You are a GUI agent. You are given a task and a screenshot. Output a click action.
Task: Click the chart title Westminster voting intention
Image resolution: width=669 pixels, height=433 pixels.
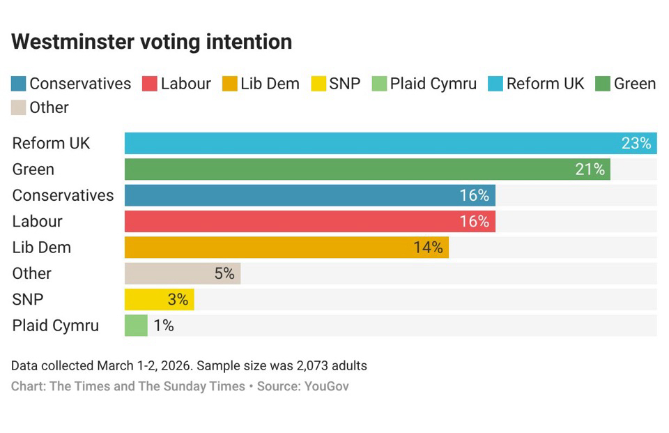[151, 42]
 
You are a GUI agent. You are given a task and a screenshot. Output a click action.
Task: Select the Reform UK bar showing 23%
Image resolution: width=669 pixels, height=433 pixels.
[376, 144]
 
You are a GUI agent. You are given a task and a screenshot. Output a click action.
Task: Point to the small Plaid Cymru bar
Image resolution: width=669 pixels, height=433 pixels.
[136, 326]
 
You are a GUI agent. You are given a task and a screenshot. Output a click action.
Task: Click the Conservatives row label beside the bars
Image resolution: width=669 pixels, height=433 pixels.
[63, 195]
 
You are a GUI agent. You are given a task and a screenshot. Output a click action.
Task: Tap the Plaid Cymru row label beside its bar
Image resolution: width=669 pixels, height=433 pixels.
[56, 326]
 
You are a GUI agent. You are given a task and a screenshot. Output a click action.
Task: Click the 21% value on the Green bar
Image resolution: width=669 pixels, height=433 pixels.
[590, 169]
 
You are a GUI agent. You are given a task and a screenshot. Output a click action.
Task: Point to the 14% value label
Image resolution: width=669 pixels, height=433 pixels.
[428, 248]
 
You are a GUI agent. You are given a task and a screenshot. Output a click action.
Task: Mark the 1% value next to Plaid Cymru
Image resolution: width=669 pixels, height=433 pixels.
[164, 326]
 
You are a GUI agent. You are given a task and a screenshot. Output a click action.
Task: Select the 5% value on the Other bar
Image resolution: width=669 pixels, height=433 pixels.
[224, 273]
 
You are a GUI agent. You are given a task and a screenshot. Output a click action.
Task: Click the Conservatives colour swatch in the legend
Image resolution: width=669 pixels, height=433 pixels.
[19, 84]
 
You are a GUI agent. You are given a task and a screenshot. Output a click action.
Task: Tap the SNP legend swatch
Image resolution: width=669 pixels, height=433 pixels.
[318, 84]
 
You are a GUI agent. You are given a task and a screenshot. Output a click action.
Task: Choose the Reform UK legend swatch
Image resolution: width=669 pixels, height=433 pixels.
[495, 84]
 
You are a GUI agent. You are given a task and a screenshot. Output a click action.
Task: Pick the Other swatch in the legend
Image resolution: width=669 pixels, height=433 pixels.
[19, 108]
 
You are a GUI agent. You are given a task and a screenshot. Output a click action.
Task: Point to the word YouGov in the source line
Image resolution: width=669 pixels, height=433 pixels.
[326, 386]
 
